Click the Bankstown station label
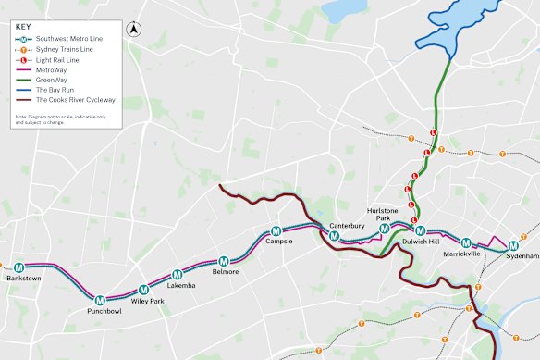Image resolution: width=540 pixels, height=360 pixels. pyautogui.click(x=22, y=278)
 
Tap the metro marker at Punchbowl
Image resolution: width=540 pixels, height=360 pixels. pyautogui.click(x=100, y=299)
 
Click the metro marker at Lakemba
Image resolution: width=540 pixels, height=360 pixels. pyautogui.click(x=178, y=275)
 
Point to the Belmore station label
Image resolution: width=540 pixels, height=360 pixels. pyautogui.click(x=226, y=272)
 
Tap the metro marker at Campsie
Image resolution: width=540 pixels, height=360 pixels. pyautogui.click(x=276, y=231)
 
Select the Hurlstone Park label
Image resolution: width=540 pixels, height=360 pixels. pyautogui.click(x=382, y=215)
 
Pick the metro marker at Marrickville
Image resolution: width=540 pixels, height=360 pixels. pyautogui.click(x=466, y=242)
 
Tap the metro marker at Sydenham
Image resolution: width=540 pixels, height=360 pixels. pyautogui.click(x=513, y=244)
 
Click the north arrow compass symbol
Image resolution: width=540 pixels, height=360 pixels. pyautogui.click(x=134, y=29)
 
